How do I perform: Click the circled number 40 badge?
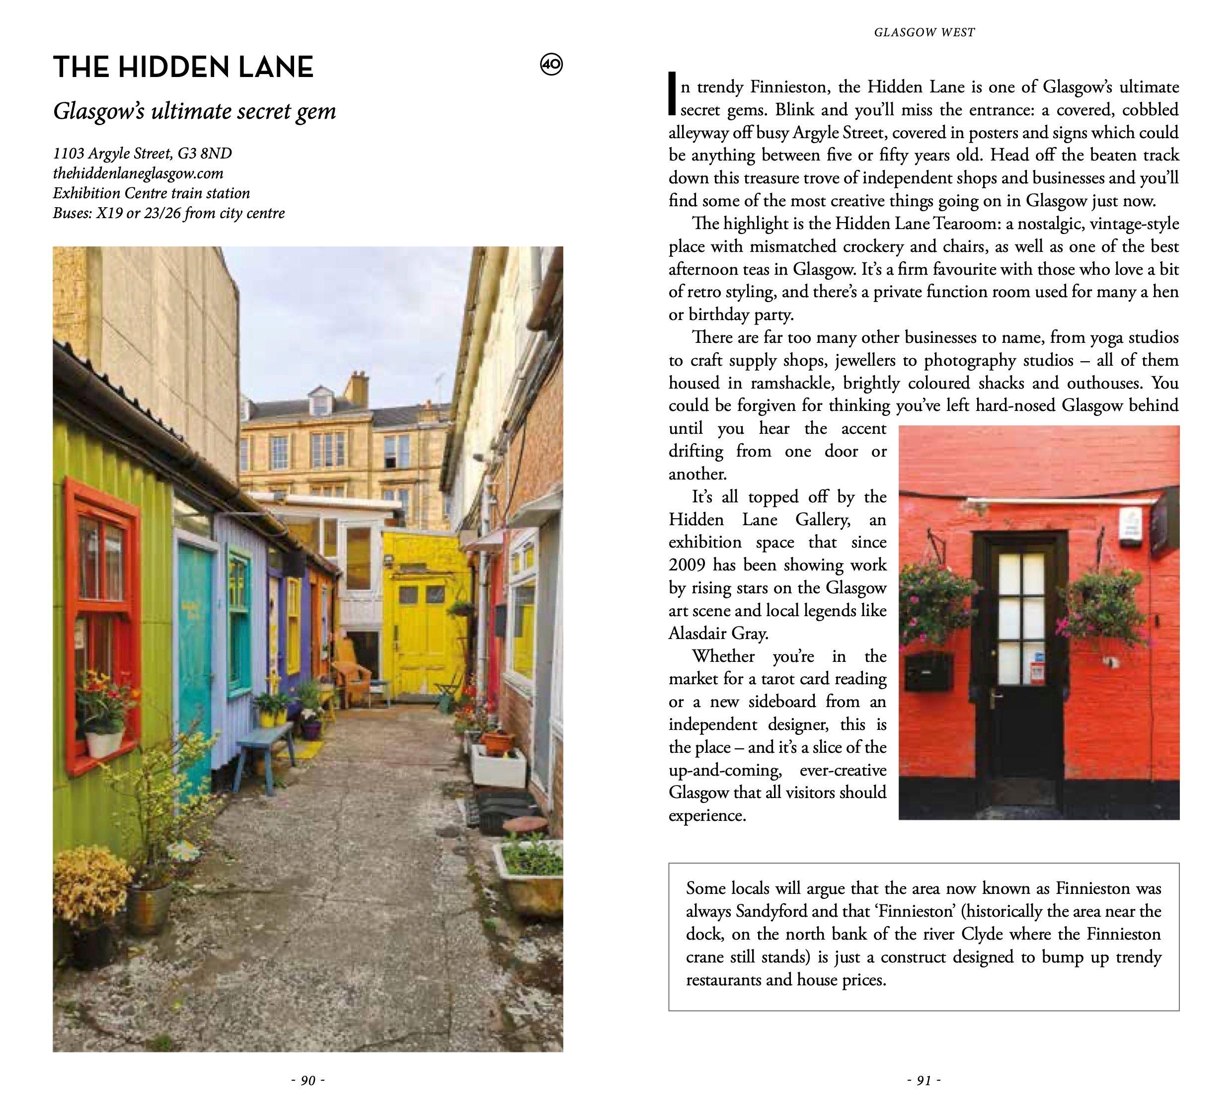tap(551, 64)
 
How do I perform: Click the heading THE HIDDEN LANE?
tap(183, 67)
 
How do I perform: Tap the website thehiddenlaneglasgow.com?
tap(138, 173)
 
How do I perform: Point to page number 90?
tap(308, 1081)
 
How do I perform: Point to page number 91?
tap(924, 1081)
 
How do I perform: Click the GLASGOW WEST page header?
tap(924, 32)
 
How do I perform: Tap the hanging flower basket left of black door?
tap(935, 605)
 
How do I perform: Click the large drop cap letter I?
tap(672, 93)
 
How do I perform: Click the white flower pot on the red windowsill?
tap(104, 743)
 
